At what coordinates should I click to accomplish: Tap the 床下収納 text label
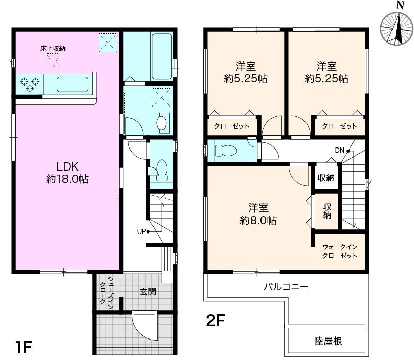coord(53,49)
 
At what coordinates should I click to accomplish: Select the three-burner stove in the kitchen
coord(30,84)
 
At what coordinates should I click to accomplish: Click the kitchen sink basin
coord(72,84)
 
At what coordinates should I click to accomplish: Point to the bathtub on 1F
coord(162,56)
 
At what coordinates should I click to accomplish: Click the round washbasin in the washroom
coord(161,122)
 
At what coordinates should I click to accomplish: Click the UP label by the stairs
coord(142,231)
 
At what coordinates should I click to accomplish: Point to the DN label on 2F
coord(340,150)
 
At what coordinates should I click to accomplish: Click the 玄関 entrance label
coord(148,292)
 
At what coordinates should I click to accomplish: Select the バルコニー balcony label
coord(286,287)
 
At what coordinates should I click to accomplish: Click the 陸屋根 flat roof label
coord(328,341)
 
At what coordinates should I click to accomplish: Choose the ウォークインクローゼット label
coord(340,251)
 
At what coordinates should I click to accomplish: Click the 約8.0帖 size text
coord(258,220)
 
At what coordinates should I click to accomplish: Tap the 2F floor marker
coord(215,321)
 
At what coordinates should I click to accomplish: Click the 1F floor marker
coord(24,347)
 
